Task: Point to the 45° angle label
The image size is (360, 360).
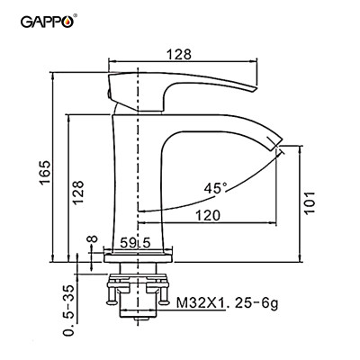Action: [x=215, y=188]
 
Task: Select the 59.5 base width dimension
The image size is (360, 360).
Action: [x=137, y=242]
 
